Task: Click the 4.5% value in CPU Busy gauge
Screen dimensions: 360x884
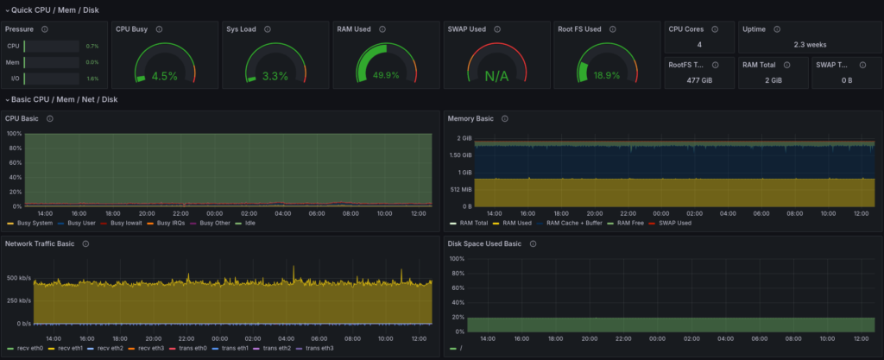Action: tap(164, 76)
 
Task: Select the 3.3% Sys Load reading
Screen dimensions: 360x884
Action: tap(275, 76)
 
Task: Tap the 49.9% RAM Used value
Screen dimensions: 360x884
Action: tap(385, 75)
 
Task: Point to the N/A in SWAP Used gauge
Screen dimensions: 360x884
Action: tap(496, 76)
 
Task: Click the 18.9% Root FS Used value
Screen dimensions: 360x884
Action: tap(607, 75)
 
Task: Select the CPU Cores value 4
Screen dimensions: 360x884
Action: tap(698, 44)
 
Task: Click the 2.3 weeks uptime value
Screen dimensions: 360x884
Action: tap(809, 44)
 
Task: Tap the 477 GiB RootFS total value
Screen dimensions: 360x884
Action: tap(699, 79)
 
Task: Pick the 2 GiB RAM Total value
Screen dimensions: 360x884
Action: tap(772, 79)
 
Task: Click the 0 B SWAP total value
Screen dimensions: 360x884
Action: tap(845, 79)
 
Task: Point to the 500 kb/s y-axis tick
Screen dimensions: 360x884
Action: tap(18, 278)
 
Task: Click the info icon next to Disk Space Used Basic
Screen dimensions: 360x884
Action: tap(534, 243)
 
